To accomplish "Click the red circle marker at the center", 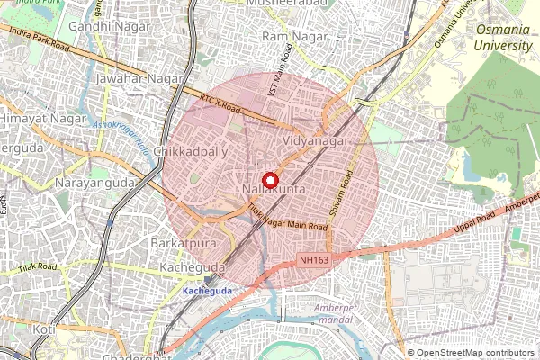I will [x=270, y=179].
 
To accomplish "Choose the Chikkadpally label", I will [x=191, y=152].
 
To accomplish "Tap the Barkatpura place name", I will [x=186, y=244].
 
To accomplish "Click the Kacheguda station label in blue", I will [x=207, y=291].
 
